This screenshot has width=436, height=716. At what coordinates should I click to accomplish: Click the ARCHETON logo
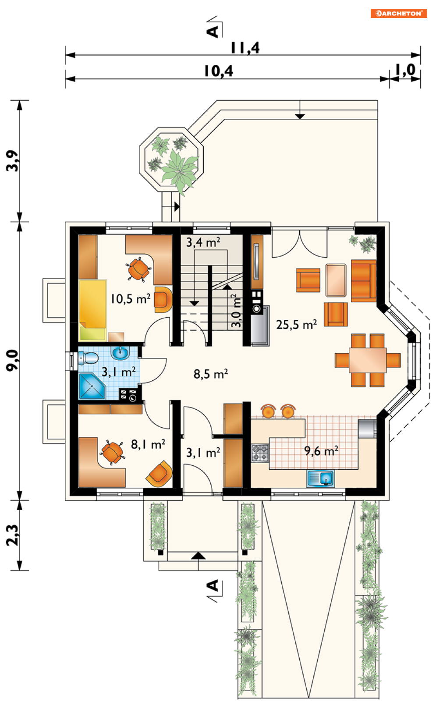399,13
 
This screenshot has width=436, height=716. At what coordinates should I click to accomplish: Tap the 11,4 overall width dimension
245,48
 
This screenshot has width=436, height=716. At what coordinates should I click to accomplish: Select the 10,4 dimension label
219,71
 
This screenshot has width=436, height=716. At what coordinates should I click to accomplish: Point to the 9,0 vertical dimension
13,360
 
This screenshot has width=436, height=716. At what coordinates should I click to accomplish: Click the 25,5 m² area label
297,325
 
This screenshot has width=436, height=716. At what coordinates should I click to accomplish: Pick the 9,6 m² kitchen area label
321,451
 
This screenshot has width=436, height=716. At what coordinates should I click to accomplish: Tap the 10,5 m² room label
131,299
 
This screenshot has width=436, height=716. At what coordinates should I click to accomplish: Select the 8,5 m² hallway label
211,374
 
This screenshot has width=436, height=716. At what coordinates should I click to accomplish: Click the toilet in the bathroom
88,358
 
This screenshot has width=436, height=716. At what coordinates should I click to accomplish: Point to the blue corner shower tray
92,386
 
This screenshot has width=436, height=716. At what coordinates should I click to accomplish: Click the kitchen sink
321,479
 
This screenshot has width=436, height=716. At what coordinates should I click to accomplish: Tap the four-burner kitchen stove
260,453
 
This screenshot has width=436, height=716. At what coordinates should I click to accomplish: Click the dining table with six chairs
368,360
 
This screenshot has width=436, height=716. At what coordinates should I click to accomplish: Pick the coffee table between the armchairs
336,280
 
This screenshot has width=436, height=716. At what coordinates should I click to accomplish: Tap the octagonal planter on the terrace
171,160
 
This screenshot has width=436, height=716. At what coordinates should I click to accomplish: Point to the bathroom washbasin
121,353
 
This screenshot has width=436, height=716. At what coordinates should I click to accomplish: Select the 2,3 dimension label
13,535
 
